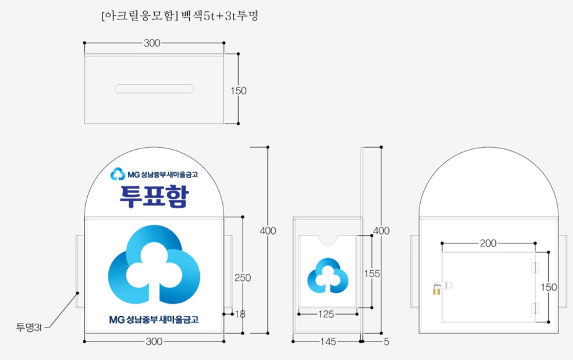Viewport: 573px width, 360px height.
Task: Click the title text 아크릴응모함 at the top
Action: point(139,16)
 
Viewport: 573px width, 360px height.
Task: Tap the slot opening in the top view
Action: point(154,89)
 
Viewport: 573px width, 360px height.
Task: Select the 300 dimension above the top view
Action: point(152,43)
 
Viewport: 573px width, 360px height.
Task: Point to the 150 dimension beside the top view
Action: point(239,90)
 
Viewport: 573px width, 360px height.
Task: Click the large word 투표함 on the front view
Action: point(154,196)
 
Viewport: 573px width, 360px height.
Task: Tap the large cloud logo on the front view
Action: point(154,264)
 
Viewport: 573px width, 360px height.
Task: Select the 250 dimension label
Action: point(243,278)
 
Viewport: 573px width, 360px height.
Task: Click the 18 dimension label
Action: point(240,314)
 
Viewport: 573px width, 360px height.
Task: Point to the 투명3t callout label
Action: point(29,328)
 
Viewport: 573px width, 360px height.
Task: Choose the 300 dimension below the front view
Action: point(154,342)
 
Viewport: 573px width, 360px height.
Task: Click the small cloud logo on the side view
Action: point(328,276)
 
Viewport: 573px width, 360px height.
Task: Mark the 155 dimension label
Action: point(372,273)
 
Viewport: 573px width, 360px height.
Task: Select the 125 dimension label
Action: point(326,314)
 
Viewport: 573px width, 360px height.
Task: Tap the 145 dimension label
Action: point(328,342)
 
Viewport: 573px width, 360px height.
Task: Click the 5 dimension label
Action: point(386,342)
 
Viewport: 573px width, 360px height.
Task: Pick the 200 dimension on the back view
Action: point(488,243)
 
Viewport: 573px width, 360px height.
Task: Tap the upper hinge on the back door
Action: point(535,268)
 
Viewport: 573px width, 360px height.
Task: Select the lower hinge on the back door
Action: point(535,308)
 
